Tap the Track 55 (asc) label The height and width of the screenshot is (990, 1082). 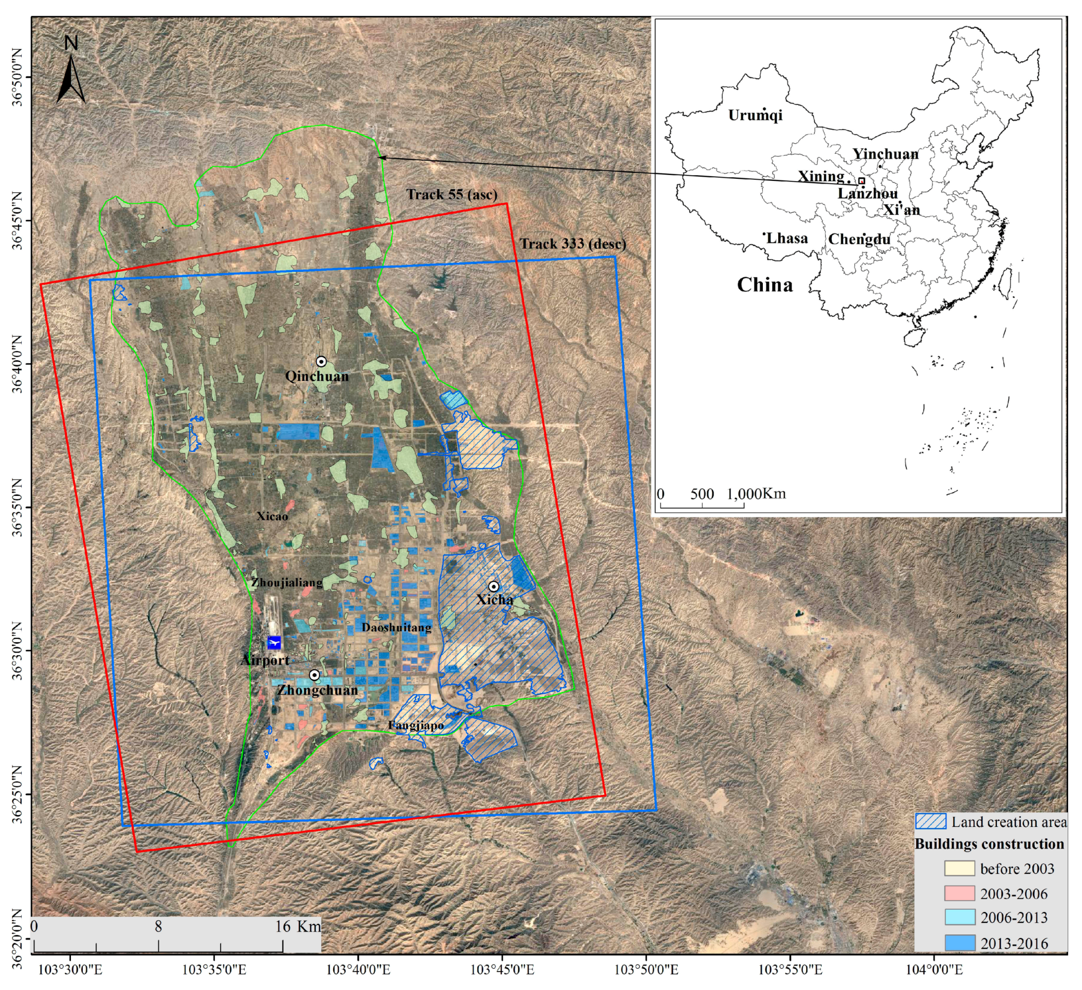[x=452, y=195]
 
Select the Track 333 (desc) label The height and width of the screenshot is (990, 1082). [x=573, y=244]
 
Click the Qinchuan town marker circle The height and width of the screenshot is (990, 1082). [x=321, y=362]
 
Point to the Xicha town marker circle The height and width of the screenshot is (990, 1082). [x=493, y=586]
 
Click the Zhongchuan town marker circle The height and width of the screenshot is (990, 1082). [x=314, y=675]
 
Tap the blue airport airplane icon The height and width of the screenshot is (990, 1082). [x=274, y=642]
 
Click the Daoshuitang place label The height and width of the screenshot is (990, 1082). [x=396, y=627]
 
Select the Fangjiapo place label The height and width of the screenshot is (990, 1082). [x=416, y=726]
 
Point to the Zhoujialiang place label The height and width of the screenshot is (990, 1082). [x=287, y=582]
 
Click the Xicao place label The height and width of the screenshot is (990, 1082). [x=272, y=516]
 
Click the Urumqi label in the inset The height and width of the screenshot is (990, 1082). [x=755, y=115]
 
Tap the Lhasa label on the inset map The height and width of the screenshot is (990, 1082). [x=787, y=238]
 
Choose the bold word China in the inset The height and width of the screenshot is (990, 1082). [x=764, y=285]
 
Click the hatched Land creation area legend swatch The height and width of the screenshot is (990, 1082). [x=931, y=822]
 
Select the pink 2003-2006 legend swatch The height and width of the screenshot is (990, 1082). [x=960, y=893]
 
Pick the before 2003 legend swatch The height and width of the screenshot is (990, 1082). [x=960, y=868]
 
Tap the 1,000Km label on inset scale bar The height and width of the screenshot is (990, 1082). [x=756, y=494]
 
